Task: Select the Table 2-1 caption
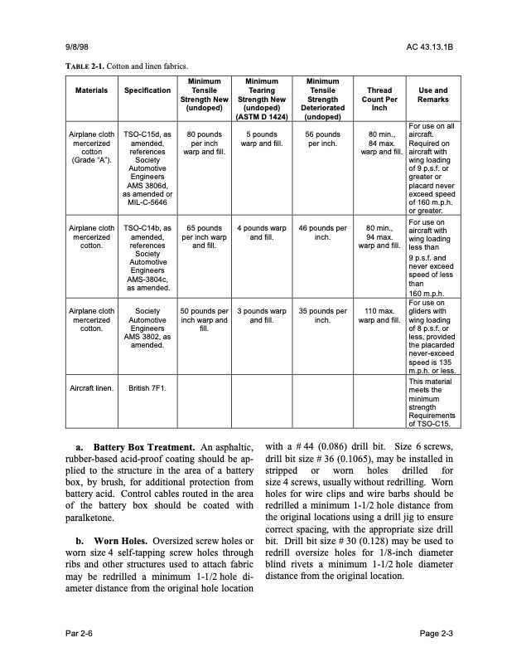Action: (x=126, y=66)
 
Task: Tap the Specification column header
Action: (x=147, y=90)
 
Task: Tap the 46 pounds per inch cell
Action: (x=322, y=231)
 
